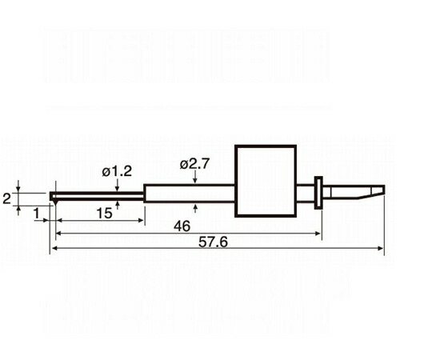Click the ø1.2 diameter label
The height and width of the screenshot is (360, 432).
117,171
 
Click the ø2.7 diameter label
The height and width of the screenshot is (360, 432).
194,164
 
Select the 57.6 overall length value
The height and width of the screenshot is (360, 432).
214,242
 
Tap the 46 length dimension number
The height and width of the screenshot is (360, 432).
182,226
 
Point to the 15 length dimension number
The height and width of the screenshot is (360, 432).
105,214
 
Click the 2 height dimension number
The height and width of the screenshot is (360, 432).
6,198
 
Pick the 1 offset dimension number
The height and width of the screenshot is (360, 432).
37,214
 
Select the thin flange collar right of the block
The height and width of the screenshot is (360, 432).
318,193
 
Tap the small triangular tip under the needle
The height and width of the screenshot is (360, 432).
55,202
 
